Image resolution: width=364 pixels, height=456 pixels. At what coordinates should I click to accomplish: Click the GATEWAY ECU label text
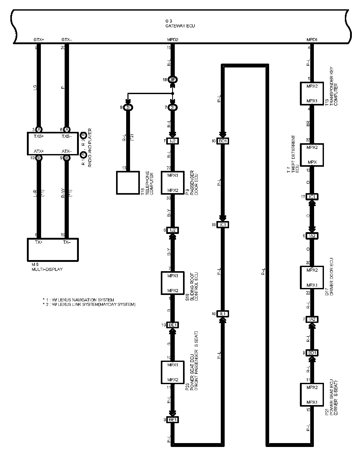click(180, 26)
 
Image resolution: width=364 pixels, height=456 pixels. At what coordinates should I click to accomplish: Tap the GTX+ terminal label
click(39, 40)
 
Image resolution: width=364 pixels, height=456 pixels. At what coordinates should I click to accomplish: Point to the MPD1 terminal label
click(312, 40)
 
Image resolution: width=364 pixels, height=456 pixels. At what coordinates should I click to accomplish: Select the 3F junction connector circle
click(173, 80)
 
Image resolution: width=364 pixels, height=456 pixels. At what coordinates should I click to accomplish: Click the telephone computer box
click(128, 183)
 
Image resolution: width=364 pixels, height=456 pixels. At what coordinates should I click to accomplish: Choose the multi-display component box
click(53, 249)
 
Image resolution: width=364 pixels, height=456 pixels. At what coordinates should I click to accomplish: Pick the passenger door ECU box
click(173, 183)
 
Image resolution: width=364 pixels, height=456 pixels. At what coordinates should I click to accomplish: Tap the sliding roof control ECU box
click(173, 283)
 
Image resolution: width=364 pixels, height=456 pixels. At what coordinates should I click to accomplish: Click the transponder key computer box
click(312, 93)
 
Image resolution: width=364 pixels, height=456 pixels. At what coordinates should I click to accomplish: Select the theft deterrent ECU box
click(312, 155)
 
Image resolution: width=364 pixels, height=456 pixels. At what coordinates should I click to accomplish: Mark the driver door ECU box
click(312, 277)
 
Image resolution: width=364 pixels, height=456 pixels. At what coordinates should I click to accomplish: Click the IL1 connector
click(223, 314)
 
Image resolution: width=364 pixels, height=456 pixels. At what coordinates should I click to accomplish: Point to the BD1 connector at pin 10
click(223, 141)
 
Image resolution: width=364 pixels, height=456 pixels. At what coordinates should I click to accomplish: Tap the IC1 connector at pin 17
click(312, 197)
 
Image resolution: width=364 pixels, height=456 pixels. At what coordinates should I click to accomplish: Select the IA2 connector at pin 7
click(312, 319)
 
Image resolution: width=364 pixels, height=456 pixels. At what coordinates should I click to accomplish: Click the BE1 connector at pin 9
click(173, 420)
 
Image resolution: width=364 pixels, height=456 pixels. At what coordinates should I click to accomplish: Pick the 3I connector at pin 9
click(128, 108)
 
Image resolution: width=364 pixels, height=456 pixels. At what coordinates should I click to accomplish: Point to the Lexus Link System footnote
click(89, 305)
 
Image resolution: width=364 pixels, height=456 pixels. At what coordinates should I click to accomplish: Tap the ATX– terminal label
click(67, 151)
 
